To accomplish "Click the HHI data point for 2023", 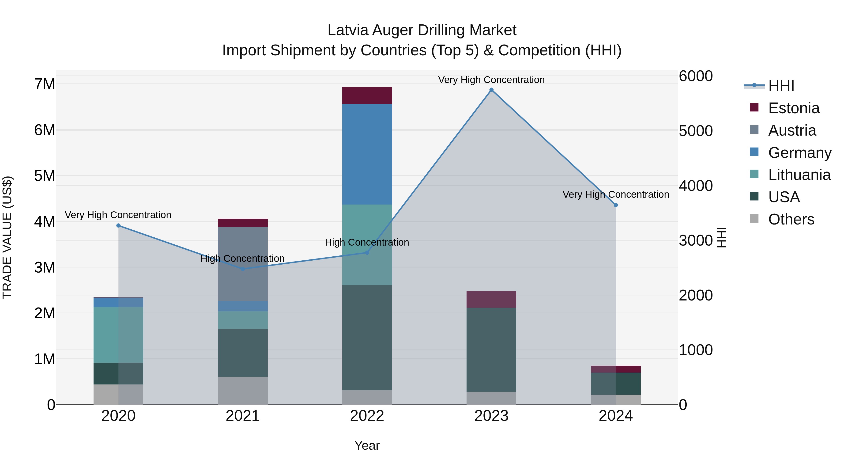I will point(491,90).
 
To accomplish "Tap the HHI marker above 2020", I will point(119,225).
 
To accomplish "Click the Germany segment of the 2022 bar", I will point(367,154).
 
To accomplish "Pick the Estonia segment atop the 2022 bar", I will point(367,95).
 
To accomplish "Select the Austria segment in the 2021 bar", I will point(243,264).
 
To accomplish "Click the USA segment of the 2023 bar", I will point(491,350).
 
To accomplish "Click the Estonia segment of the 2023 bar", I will point(491,299).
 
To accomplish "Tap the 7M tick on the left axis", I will point(45,84).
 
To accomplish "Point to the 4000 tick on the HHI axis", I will point(695,186).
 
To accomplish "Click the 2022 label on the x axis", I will point(367,416).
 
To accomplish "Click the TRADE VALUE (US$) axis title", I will point(8,237).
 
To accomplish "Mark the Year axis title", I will point(367,445).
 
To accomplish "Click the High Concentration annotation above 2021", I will point(242,258).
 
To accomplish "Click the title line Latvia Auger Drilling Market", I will point(422,30).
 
